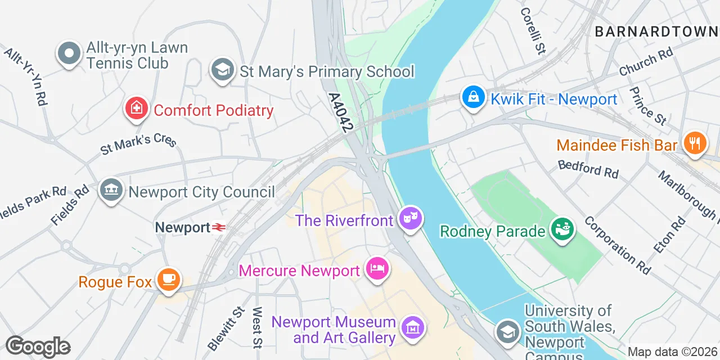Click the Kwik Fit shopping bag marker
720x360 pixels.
tap(474, 98)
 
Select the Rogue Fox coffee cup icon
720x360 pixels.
tap(168, 280)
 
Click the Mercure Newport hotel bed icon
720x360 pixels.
tap(376, 269)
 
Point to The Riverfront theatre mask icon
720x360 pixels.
tap(411, 218)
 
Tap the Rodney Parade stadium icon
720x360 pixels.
tap(562, 229)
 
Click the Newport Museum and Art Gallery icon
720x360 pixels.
tap(413, 327)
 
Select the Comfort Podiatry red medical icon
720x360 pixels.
tap(136, 108)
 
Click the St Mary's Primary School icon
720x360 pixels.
tap(223, 70)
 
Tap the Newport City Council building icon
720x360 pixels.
tap(111, 191)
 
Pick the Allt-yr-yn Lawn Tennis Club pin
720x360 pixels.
tap(69, 54)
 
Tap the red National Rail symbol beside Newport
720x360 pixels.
tap(219, 227)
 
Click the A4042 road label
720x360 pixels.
tap(340, 113)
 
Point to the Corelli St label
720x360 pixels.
tap(533, 30)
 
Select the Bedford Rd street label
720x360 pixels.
tap(588, 169)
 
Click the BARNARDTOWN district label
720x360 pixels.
tap(656, 31)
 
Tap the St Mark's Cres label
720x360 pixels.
tap(138, 143)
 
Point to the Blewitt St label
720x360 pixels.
tap(226, 328)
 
